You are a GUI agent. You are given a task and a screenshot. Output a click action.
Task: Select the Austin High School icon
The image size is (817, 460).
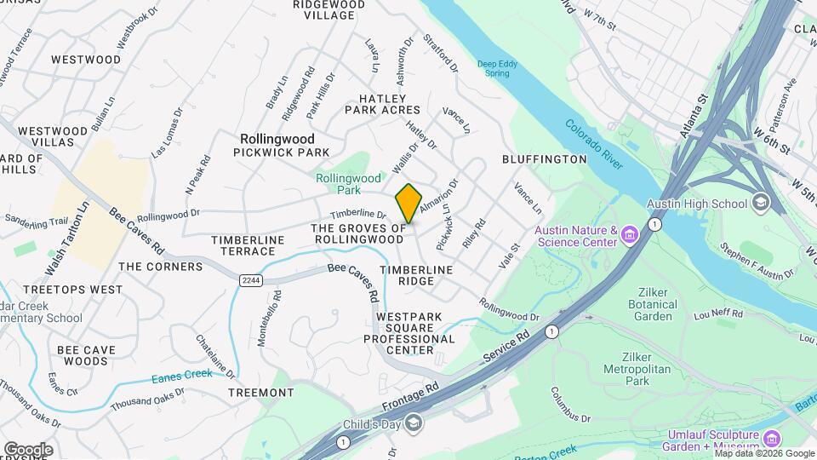[x=760, y=204]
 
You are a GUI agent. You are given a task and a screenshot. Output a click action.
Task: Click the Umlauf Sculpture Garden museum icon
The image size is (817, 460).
[x=772, y=439]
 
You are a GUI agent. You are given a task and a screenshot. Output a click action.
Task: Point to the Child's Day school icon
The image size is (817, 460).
[x=413, y=424]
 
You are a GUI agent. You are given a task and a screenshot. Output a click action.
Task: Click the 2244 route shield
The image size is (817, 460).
[x=250, y=280]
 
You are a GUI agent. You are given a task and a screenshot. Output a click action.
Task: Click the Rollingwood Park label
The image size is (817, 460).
[x=348, y=184]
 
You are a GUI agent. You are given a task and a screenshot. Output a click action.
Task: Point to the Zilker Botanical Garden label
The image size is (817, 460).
[x=653, y=310]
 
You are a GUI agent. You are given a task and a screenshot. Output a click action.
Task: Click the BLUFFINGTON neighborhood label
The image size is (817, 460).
[x=545, y=159]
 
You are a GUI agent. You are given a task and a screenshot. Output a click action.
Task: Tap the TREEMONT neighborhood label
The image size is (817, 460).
[x=261, y=393]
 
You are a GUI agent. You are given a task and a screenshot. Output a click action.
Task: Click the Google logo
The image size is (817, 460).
[x=28, y=449]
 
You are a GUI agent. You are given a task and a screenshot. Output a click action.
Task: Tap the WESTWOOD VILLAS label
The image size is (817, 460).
[x=53, y=136]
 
